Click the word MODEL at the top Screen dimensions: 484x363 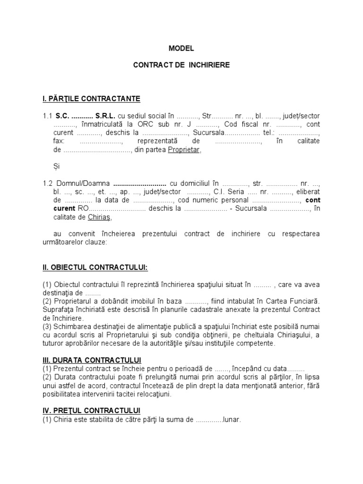(181, 48)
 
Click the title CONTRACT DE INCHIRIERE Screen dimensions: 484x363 (181, 65)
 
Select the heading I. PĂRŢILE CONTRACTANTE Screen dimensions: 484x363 (91, 99)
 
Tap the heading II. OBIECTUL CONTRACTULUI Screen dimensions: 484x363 (95, 268)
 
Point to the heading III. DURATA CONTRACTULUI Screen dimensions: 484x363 (92, 360)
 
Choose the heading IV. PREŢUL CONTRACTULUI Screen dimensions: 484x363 (91, 410)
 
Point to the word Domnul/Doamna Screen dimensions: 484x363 (83, 183)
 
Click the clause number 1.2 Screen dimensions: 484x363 (48, 183)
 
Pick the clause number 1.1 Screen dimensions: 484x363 (47, 115)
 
